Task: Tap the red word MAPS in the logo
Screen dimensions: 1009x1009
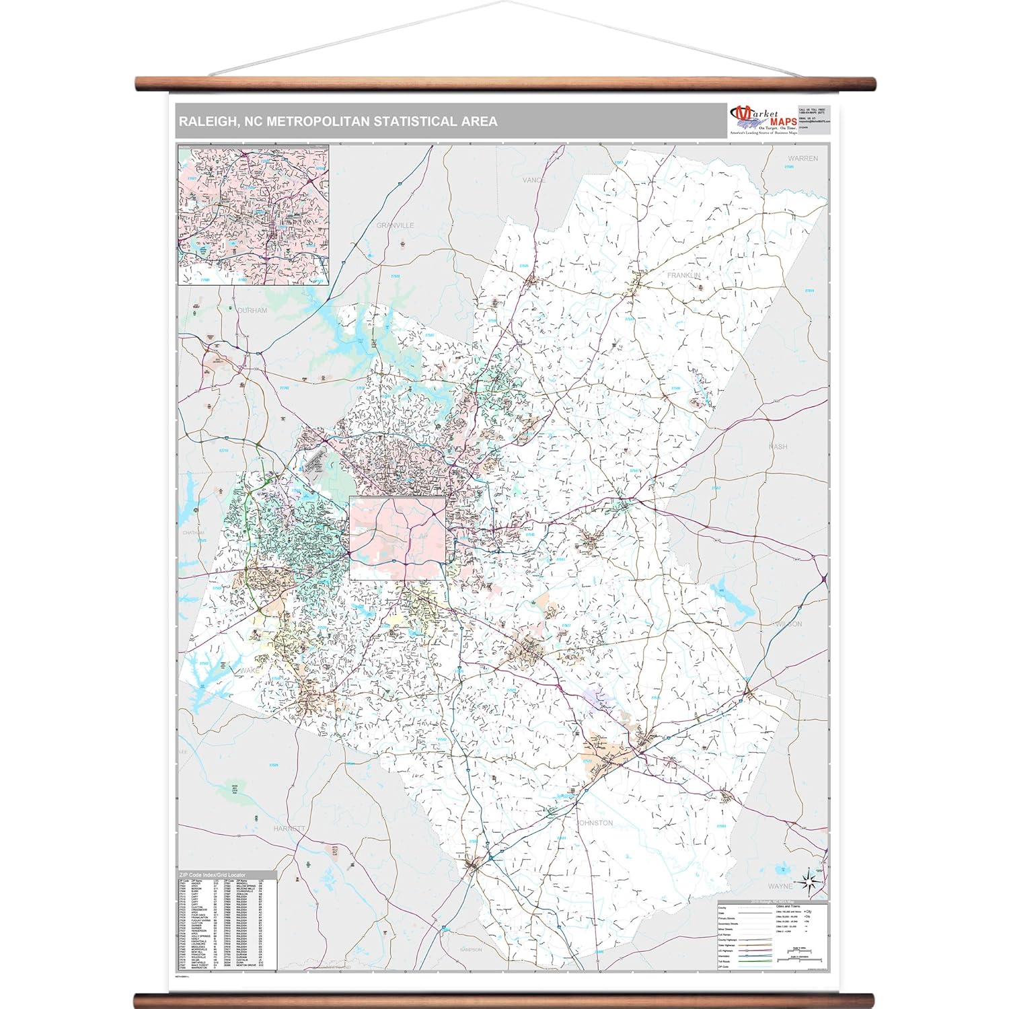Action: click(779, 122)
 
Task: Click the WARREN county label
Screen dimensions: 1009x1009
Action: click(802, 159)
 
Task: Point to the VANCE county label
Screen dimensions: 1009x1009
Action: click(534, 180)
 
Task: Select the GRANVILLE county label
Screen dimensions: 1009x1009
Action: click(396, 225)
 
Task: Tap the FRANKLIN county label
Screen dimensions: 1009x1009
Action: click(683, 276)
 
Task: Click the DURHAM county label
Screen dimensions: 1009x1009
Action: click(252, 311)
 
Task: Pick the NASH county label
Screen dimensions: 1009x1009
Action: click(778, 447)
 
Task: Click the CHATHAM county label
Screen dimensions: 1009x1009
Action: click(193, 533)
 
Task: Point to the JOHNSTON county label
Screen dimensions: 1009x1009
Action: click(595, 823)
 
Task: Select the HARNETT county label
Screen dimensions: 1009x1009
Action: click(289, 829)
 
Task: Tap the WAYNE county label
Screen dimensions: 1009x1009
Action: click(780, 887)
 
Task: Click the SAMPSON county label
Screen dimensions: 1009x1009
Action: click(471, 950)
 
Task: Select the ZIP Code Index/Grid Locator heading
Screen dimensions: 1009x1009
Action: click(211, 875)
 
